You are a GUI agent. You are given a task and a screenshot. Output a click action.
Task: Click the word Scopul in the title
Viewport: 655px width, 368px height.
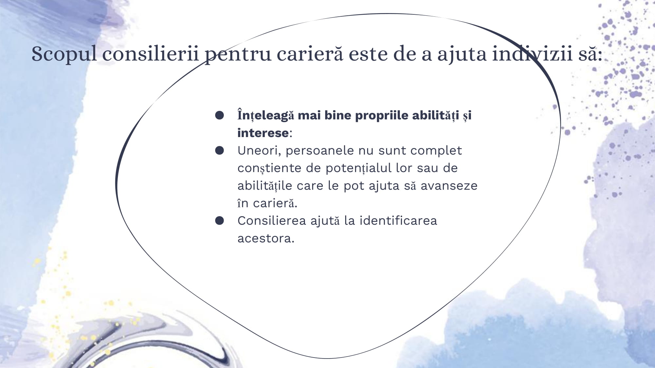(x=64, y=54)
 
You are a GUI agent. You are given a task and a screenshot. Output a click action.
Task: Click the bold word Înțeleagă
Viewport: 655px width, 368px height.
(x=266, y=115)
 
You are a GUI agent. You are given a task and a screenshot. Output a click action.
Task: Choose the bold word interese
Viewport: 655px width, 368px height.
(x=263, y=133)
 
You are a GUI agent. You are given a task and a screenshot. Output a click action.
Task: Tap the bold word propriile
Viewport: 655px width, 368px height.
(x=382, y=116)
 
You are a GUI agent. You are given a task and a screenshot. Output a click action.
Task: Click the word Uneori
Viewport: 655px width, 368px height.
(x=259, y=150)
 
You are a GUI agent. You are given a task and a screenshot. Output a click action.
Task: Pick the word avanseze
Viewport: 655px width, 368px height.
(x=449, y=186)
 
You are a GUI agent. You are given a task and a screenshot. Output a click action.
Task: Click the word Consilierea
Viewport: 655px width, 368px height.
(x=272, y=220)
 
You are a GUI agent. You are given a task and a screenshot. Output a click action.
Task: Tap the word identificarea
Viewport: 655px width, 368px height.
(x=398, y=220)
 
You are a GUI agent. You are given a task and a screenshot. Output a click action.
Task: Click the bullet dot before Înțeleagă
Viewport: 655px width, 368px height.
(x=219, y=115)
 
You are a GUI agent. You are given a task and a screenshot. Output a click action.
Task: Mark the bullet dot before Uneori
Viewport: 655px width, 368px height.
(x=219, y=150)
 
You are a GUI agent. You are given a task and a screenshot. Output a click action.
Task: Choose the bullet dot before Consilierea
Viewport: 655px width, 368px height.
(x=219, y=220)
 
